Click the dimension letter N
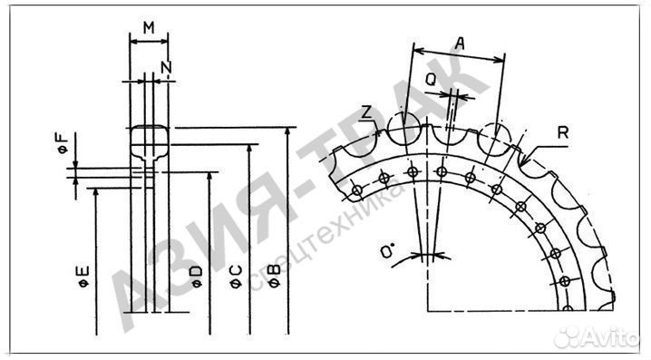(x=164, y=67)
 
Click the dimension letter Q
(x=432, y=80)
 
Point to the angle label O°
(x=388, y=251)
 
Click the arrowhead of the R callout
(x=529, y=155)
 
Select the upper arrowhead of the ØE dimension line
(x=95, y=193)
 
